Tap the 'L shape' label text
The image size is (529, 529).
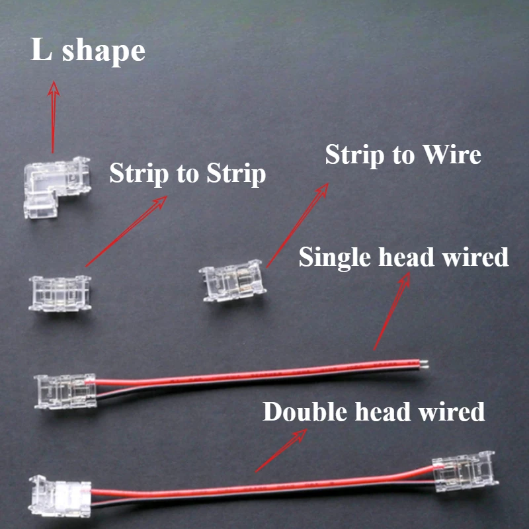tap(88, 51)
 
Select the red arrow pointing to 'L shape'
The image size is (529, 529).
tap(53, 117)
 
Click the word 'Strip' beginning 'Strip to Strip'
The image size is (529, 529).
tap(139, 173)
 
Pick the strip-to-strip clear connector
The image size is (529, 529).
tap(60, 293)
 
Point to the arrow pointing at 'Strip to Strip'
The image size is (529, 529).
tap(126, 231)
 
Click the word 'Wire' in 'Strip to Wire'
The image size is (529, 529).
tap(452, 155)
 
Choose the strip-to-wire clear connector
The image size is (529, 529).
tap(233, 280)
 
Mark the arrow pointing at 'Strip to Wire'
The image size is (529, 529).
tap(297, 225)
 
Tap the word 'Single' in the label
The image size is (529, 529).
tap(335, 257)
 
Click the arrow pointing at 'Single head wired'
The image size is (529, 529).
tap(391, 311)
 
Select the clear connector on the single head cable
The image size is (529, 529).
tap(65, 391)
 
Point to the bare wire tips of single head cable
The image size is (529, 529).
tap(424, 364)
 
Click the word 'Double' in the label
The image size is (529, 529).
tap(305, 412)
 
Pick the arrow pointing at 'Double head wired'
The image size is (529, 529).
tap(280, 450)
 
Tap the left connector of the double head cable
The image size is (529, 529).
tap(60, 496)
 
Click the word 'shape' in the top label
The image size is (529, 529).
tap(104, 52)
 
